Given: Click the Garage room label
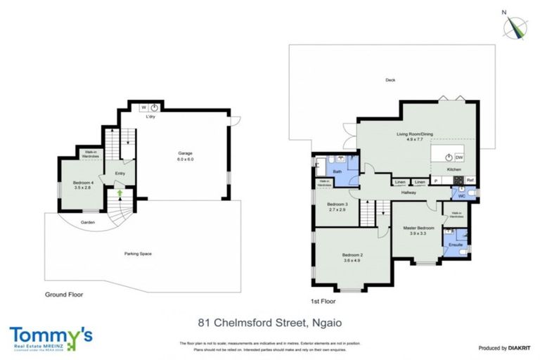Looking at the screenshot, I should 185,153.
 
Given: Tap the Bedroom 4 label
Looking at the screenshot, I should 82,184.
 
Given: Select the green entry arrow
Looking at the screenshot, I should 120,191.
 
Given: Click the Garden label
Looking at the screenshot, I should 87,223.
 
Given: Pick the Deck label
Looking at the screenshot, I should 390,80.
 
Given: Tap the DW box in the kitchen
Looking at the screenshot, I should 458,157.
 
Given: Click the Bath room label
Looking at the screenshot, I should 337,172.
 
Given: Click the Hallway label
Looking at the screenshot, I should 409,191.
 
